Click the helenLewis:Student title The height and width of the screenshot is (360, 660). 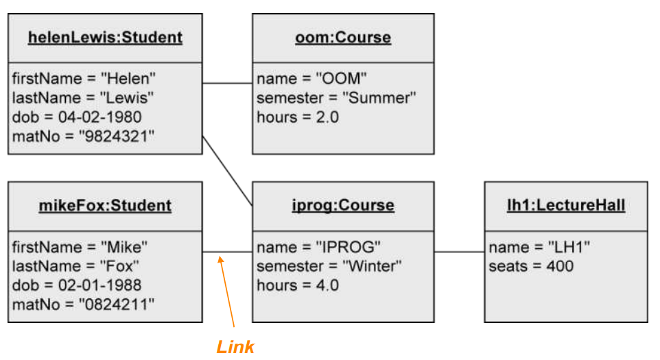click(105, 37)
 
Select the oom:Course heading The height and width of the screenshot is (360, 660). click(342, 37)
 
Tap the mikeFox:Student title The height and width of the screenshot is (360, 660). click(105, 205)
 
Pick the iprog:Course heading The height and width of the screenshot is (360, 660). click(342, 205)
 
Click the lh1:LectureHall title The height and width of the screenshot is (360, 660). click(565, 205)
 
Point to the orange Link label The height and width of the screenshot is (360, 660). click(235, 347)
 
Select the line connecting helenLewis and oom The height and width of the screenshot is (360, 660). click(227, 84)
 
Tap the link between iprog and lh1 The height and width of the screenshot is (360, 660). click(459, 252)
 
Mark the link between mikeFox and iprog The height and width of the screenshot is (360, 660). click(227, 252)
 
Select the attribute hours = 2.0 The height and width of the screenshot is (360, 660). click(297, 117)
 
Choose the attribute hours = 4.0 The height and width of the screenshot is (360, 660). click(297, 285)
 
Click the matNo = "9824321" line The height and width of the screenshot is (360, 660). click(82, 136)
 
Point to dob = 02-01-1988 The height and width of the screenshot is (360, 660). click(76, 285)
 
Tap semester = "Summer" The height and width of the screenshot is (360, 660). click(336, 97)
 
